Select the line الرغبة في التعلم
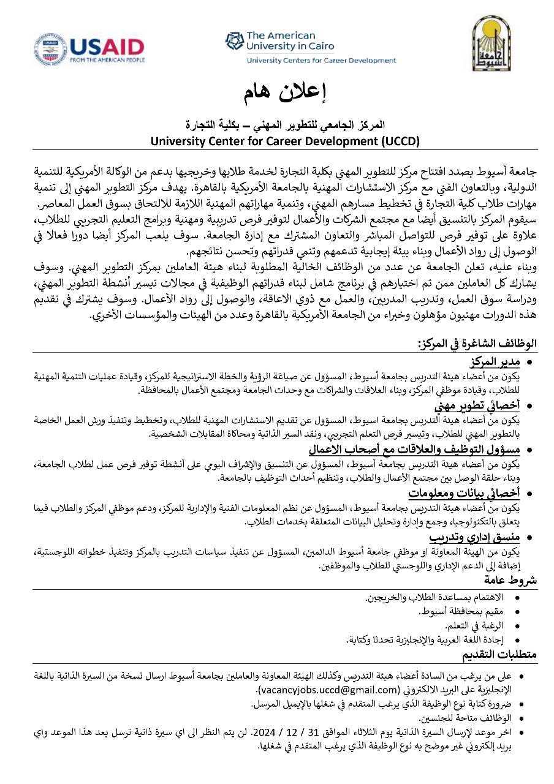475,625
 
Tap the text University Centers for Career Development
321,61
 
